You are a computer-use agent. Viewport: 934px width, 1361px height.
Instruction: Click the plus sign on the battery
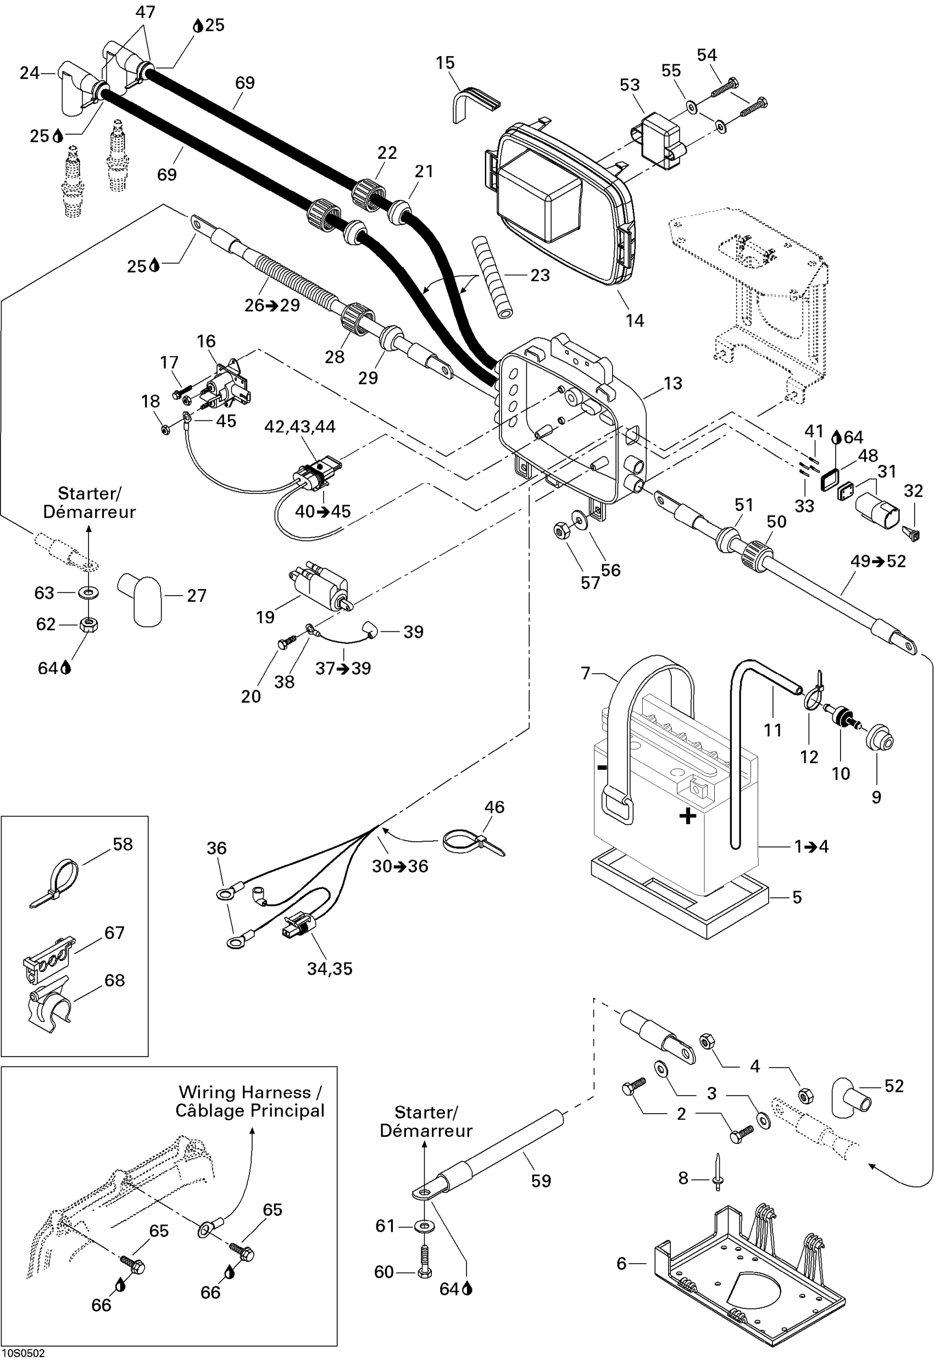point(687,815)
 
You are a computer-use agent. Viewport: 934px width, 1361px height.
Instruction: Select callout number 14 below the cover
point(634,320)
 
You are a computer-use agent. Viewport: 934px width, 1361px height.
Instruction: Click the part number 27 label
point(197,596)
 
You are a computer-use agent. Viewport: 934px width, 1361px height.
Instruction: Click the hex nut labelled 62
point(88,624)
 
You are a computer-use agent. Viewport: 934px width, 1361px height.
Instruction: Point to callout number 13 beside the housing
point(673,384)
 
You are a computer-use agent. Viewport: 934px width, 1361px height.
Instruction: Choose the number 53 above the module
point(630,85)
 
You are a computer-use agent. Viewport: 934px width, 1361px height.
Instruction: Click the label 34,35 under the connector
point(330,969)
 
